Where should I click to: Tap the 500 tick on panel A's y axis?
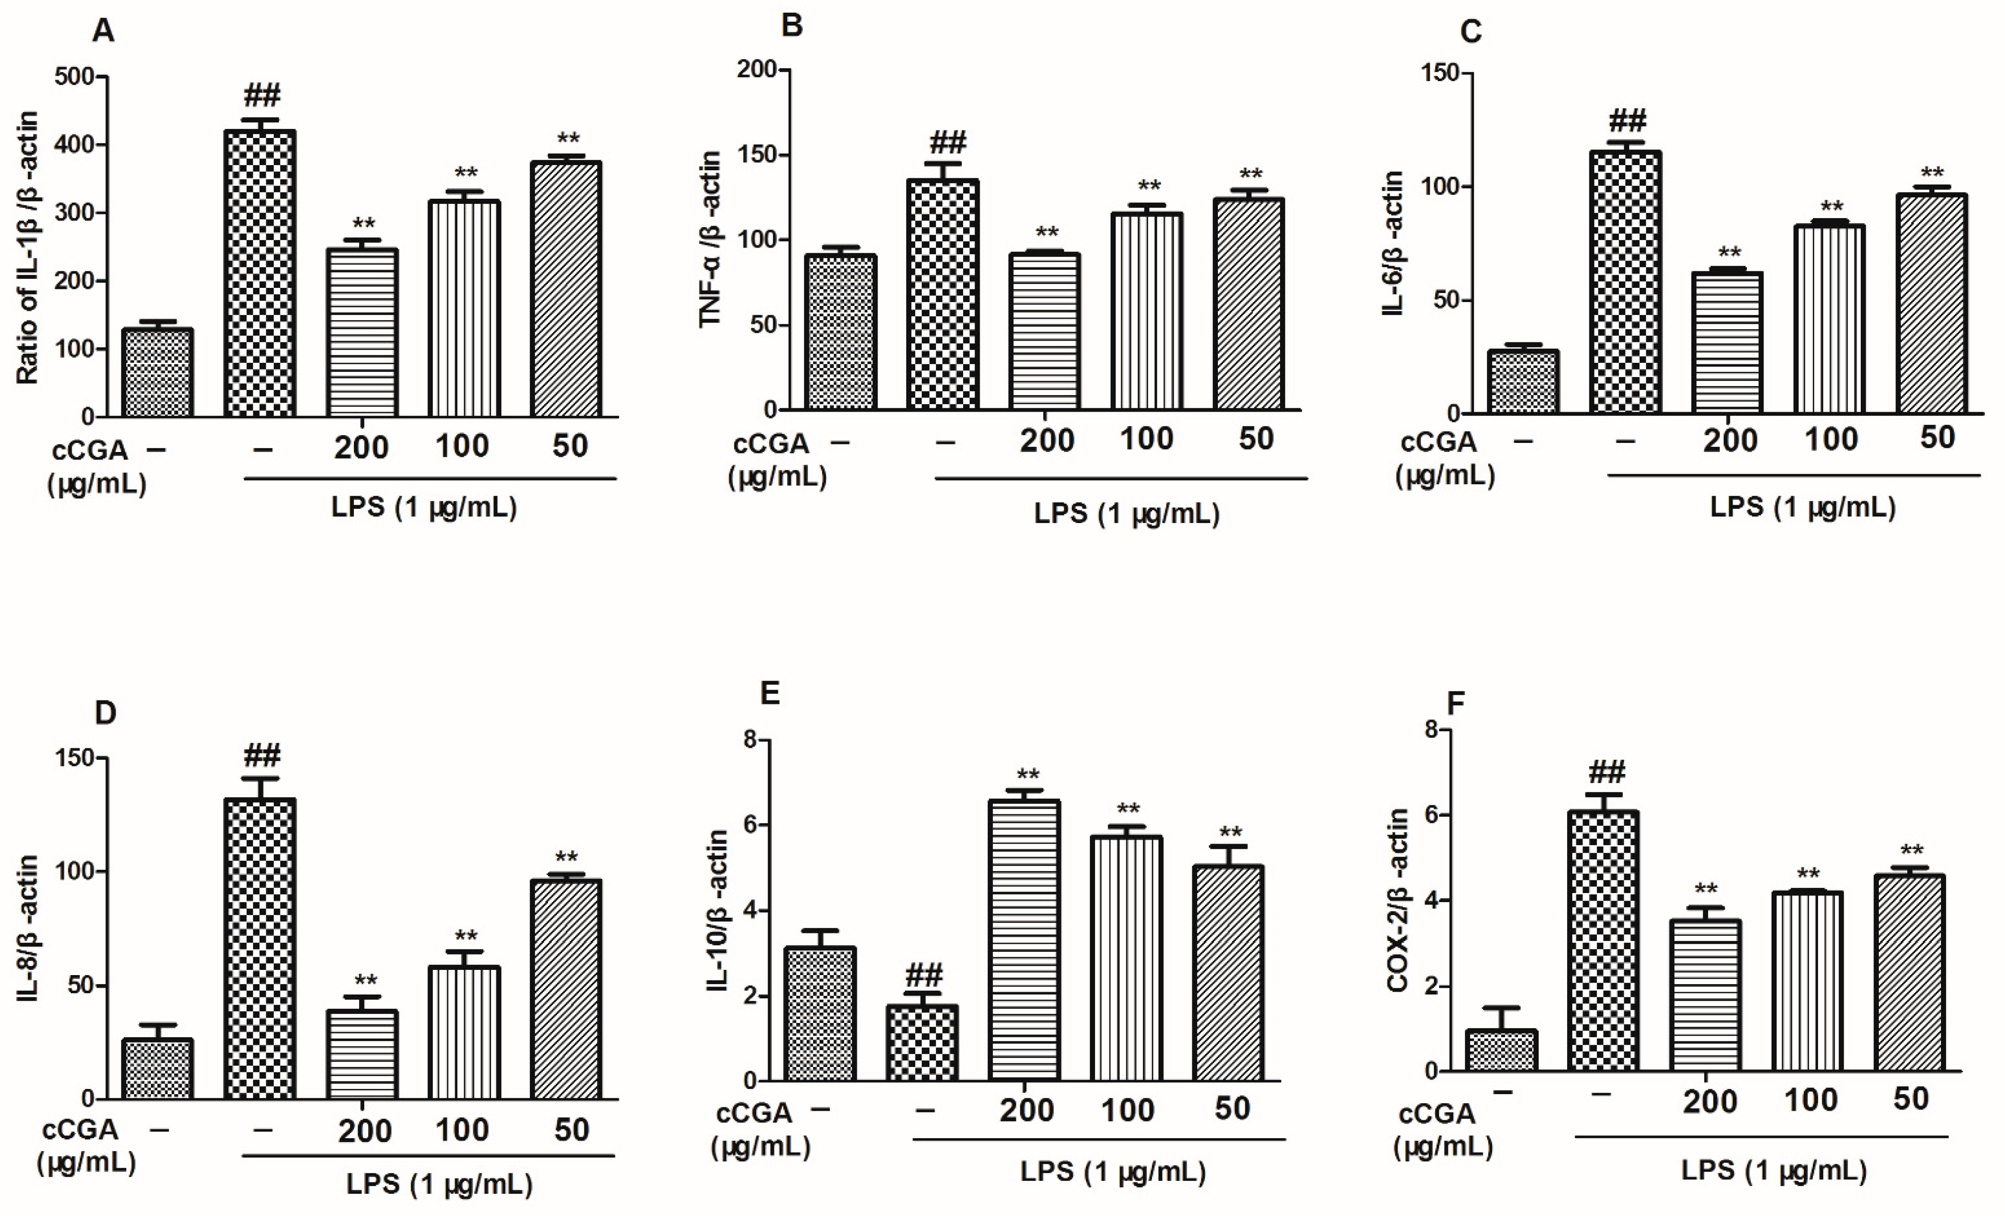click(x=80, y=76)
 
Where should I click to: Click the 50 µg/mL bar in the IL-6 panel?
click(x=1931, y=304)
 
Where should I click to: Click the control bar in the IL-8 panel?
click(x=157, y=1069)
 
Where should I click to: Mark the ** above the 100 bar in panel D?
click(x=465, y=936)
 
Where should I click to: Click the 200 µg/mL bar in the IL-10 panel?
click(x=1024, y=940)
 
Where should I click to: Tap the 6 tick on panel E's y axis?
click(x=750, y=825)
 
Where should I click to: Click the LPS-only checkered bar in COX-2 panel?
click(x=1602, y=940)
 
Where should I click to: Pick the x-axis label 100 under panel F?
click(x=1810, y=1100)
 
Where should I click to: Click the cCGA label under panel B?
click(x=770, y=444)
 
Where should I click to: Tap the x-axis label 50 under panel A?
click(x=570, y=446)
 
